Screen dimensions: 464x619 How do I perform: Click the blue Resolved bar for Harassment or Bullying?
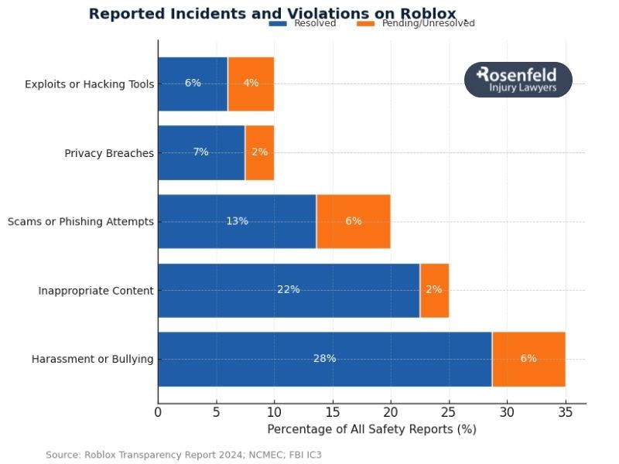pos(325,360)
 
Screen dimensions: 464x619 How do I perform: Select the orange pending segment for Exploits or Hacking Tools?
pos(251,84)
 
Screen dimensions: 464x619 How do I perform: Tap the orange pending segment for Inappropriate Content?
pos(434,290)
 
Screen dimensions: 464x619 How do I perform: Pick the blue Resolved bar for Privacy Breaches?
pos(201,152)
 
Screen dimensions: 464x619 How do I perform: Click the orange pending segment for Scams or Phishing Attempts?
pos(353,221)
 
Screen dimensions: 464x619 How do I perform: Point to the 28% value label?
pos(325,359)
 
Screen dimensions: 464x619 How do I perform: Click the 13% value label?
pos(237,221)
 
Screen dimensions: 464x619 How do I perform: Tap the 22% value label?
pos(289,290)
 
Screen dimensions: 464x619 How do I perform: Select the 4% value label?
pos(251,84)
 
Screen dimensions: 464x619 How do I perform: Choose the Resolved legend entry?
pos(303,23)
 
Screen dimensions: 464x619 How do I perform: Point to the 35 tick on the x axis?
pos(565,413)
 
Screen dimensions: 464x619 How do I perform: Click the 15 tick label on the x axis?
pos(333,413)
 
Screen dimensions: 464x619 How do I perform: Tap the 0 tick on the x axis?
pos(158,413)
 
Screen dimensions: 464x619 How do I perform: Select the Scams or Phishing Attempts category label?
pos(80,222)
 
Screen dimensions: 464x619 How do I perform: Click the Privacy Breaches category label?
pos(109,153)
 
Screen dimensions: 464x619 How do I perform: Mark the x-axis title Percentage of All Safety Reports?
pos(371,429)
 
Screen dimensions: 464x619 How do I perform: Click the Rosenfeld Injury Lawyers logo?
pos(518,80)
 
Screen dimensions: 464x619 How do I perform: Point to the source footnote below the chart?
pos(183,455)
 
